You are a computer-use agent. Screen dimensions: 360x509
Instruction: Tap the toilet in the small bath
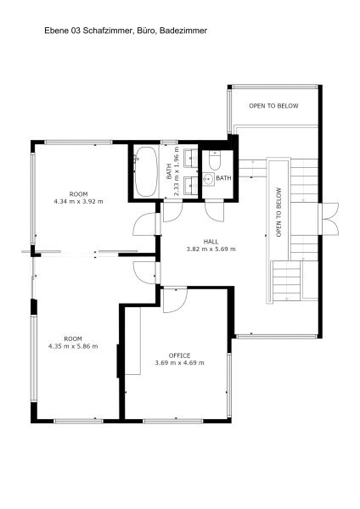pyautogui.click(x=215, y=160)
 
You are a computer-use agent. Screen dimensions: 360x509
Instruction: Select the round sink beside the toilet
pyautogui.click(x=209, y=179)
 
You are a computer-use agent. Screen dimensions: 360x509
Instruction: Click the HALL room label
pyautogui.click(x=211, y=242)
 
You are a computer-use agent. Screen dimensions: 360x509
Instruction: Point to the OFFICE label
pyautogui.click(x=179, y=355)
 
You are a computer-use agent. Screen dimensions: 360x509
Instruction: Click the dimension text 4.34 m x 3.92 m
pyautogui.click(x=78, y=201)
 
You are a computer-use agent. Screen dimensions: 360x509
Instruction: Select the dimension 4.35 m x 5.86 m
pyautogui.click(x=73, y=346)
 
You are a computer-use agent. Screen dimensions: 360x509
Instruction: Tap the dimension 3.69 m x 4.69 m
pyautogui.click(x=180, y=362)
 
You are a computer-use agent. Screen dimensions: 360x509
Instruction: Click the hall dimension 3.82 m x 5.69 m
pyautogui.click(x=211, y=249)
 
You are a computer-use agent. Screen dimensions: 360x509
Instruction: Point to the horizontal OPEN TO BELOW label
pyautogui.click(x=273, y=106)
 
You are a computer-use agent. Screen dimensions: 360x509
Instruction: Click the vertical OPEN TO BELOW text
pyautogui.click(x=278, y=212)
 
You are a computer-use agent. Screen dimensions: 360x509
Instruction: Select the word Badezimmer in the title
pyautogui.click(x=183, y=31)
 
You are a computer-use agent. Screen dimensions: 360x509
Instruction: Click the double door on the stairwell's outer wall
pyautogui.click(x=329, y=219)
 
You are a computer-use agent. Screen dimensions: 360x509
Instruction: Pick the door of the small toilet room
pyautogui.click(x=215, y=211)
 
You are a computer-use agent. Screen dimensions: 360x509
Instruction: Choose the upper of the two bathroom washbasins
pyautogui.click(x=191, y=158)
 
